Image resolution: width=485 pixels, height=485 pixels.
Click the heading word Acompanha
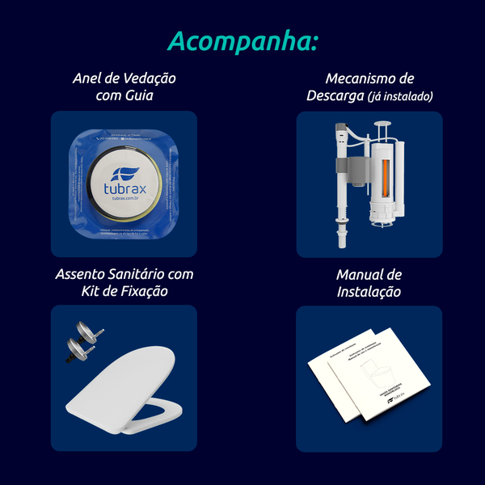pyautogui.click(x=242, y=41)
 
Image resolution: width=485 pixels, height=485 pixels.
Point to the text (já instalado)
pyautogui.click(x=400, y=96)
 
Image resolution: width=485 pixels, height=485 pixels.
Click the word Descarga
pyautogui.click(x=335, y=96)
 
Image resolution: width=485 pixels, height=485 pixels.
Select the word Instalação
pyautogui.click(x=369, y=292)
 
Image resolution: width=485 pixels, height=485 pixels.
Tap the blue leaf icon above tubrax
pyautogui.click(x=124, y=172)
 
